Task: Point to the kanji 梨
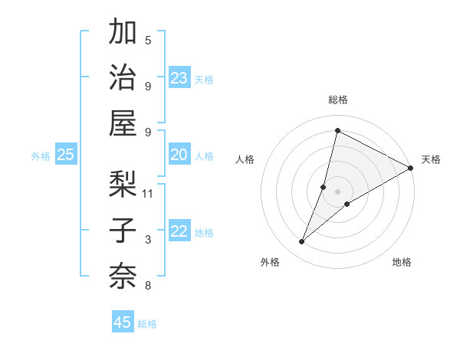(123, 184)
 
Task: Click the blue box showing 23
(179, 78)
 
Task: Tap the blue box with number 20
(179, 155)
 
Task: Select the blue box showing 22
(179, 231)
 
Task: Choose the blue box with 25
(65, 155)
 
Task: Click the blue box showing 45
(123, 322)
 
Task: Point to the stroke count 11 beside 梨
(149, 193)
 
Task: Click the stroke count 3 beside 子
(148, 240)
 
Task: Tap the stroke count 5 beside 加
(148, 41)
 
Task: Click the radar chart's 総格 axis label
(338, 100)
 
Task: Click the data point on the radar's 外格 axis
(302, 242)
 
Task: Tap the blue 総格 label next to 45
(147, 324)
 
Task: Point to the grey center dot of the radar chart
(338, 191)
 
